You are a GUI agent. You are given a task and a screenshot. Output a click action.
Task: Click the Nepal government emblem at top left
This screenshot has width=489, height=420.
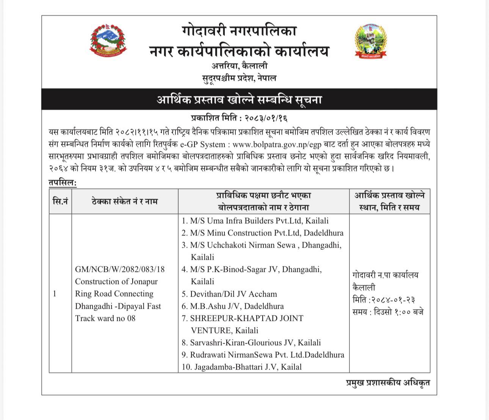coord(108,41)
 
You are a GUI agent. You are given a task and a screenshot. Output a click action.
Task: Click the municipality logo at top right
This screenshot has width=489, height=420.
coord(371,41)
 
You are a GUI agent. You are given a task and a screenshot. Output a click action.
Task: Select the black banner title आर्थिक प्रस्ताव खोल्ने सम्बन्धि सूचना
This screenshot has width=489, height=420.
coord(239,100)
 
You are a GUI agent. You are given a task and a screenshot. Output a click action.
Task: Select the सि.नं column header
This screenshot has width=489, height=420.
coord(60,201)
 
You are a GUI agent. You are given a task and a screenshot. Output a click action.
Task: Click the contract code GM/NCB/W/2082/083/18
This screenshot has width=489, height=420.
coord(120,269)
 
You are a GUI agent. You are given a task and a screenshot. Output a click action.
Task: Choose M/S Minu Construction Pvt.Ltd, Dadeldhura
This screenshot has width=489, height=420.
coord(262,233)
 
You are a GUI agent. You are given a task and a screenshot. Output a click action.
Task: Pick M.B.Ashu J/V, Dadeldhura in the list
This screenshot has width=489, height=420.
coord(233,306)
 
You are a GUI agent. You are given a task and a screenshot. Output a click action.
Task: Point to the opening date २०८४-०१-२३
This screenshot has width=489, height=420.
coord(386,300)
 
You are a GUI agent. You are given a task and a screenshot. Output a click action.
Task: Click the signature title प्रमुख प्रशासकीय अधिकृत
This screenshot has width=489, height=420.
coord(388,382)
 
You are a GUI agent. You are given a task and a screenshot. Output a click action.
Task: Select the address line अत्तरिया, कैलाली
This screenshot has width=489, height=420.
coord(239,66)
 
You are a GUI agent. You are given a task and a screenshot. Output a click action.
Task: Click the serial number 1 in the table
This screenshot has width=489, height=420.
coord(55,294)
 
